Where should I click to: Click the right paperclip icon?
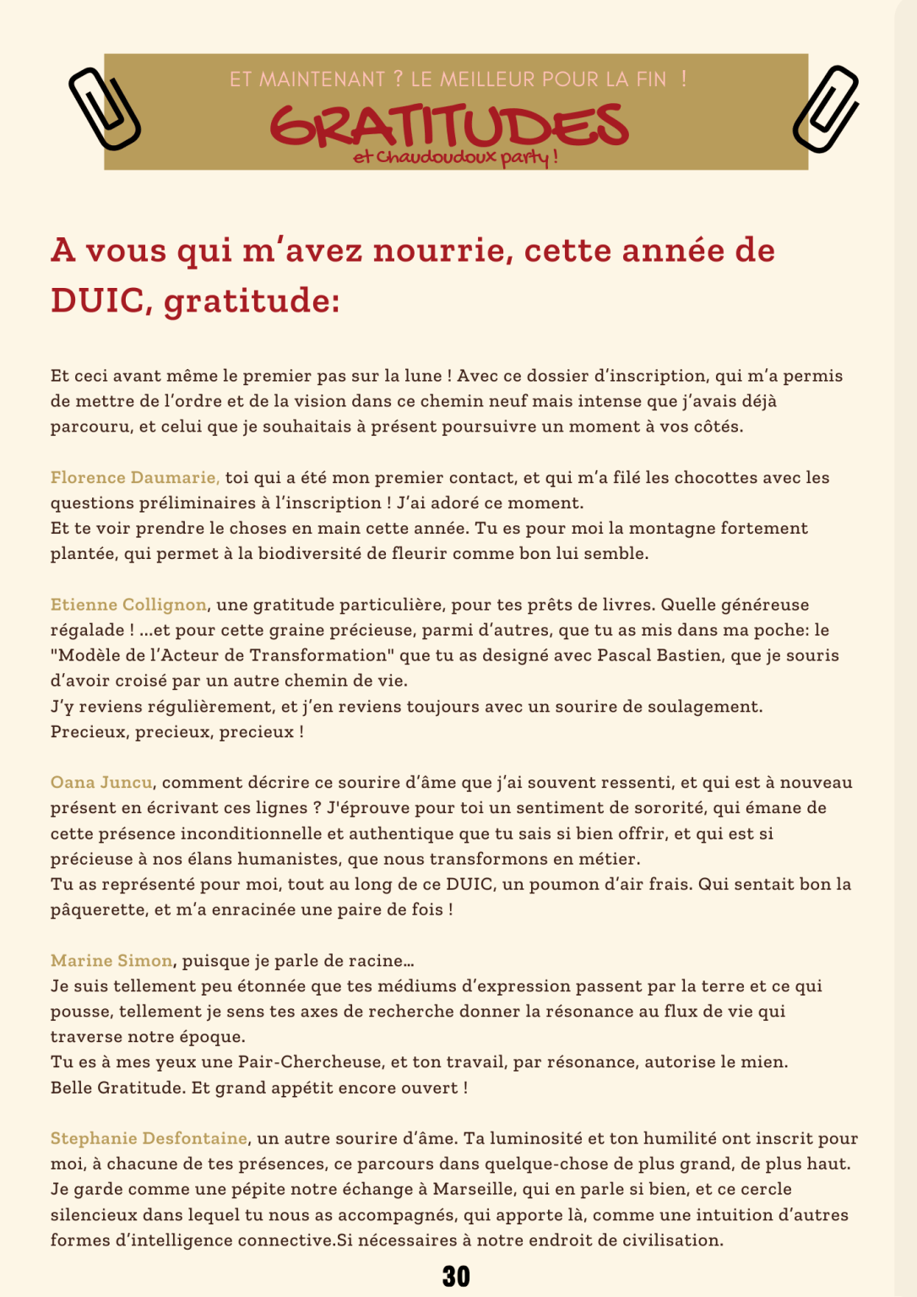coord(825,109)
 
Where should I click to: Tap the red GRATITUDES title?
coord(449,126)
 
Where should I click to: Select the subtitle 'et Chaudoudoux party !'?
coord(455,158)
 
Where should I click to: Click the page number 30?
coord(456,1276)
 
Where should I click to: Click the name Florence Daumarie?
coord(135,478)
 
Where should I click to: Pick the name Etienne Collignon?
coord(128,605)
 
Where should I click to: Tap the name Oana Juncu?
coord(101,783)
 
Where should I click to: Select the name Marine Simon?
coord(111,961)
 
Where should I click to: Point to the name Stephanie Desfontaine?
coord(149,1138)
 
